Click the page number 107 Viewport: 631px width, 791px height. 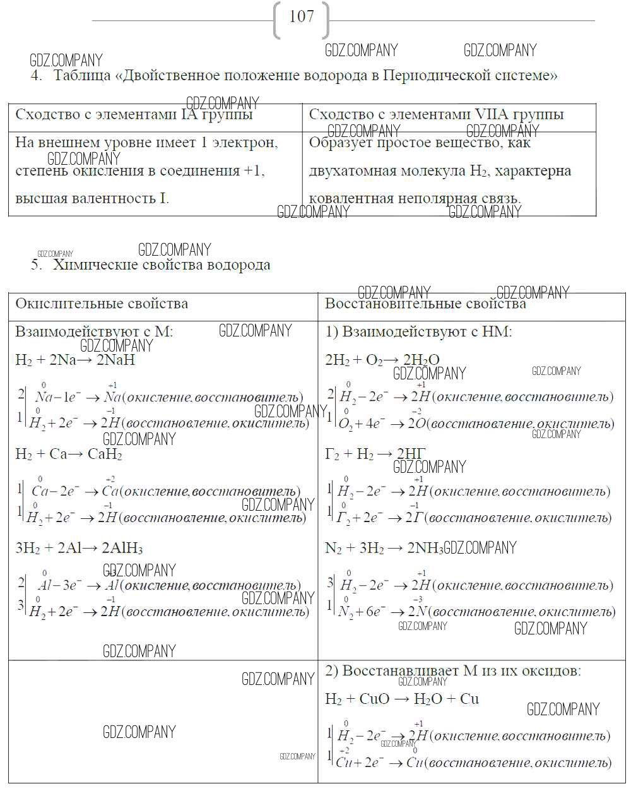302,17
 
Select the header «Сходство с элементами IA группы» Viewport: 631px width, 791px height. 134,115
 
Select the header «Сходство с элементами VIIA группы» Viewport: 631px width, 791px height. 436,115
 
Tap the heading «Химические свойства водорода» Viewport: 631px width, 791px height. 162,265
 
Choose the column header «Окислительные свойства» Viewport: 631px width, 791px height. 102,304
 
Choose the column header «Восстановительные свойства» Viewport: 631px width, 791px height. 425,304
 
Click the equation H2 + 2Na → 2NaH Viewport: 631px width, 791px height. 75,360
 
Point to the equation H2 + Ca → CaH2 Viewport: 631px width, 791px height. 69,455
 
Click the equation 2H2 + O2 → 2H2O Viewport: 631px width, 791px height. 382,360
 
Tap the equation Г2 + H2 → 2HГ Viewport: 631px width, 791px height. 375,455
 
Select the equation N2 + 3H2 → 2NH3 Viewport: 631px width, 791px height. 384,548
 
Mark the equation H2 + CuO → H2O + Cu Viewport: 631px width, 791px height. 402,699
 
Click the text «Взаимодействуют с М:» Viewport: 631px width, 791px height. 94,332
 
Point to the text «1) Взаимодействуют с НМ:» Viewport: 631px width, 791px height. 418,332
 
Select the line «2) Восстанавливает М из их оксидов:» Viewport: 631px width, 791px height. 453,671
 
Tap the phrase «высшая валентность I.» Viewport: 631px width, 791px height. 92,199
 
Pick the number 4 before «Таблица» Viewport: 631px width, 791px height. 35,76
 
